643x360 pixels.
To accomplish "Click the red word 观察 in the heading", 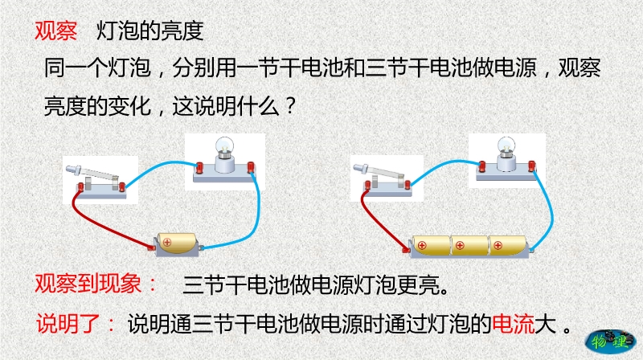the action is (55, 31).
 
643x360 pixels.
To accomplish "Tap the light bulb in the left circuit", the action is (225, 148).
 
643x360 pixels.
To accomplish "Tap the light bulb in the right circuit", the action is (506, 147).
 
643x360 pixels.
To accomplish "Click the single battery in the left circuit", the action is (177, 243).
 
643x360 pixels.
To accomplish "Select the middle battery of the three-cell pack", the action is (469, 245).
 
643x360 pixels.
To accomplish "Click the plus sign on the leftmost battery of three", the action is (421, 246).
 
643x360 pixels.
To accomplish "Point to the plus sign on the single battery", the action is (166, 243).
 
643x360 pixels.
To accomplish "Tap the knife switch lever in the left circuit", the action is (92, 173).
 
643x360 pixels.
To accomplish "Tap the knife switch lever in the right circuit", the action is (379, 171).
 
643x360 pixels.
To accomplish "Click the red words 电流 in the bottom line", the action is (514, 325).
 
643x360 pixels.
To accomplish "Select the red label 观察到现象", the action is (88, 284).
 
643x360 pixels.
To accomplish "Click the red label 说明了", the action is (68, 324).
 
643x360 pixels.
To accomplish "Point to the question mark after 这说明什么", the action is (290, 107).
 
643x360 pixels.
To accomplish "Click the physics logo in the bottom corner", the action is (610, 342).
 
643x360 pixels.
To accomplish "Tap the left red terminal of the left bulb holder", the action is (199, 168).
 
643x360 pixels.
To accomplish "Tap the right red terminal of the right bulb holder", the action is (532, 166).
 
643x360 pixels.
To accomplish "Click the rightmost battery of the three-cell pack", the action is (508, 245).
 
